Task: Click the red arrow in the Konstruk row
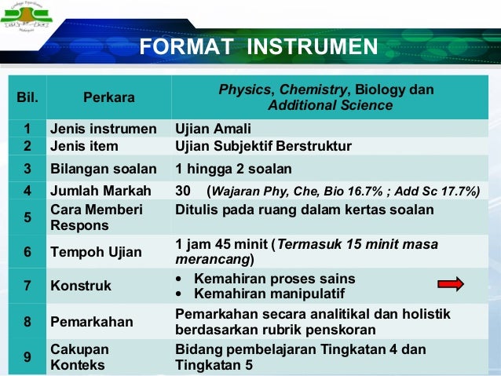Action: [x=450, y=284]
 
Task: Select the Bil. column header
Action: [x=27, y=98]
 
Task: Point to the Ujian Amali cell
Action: [x=213, y=129]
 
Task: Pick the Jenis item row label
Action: [x=84, y=146]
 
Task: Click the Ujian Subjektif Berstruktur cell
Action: [x=263, y=146]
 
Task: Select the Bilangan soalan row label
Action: [x=103, y=168]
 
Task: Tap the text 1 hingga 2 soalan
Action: [x=233, y=168]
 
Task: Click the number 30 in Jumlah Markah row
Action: [x=183, y=190]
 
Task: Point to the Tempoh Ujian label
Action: [x=96, y=252]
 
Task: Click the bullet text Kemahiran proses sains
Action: [x=274, y=279]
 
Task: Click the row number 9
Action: [x=27, y=357]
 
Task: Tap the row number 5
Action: [x=27, y=217]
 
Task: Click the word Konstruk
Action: [x=81, y=286]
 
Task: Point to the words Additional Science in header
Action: [x=331, y=106]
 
